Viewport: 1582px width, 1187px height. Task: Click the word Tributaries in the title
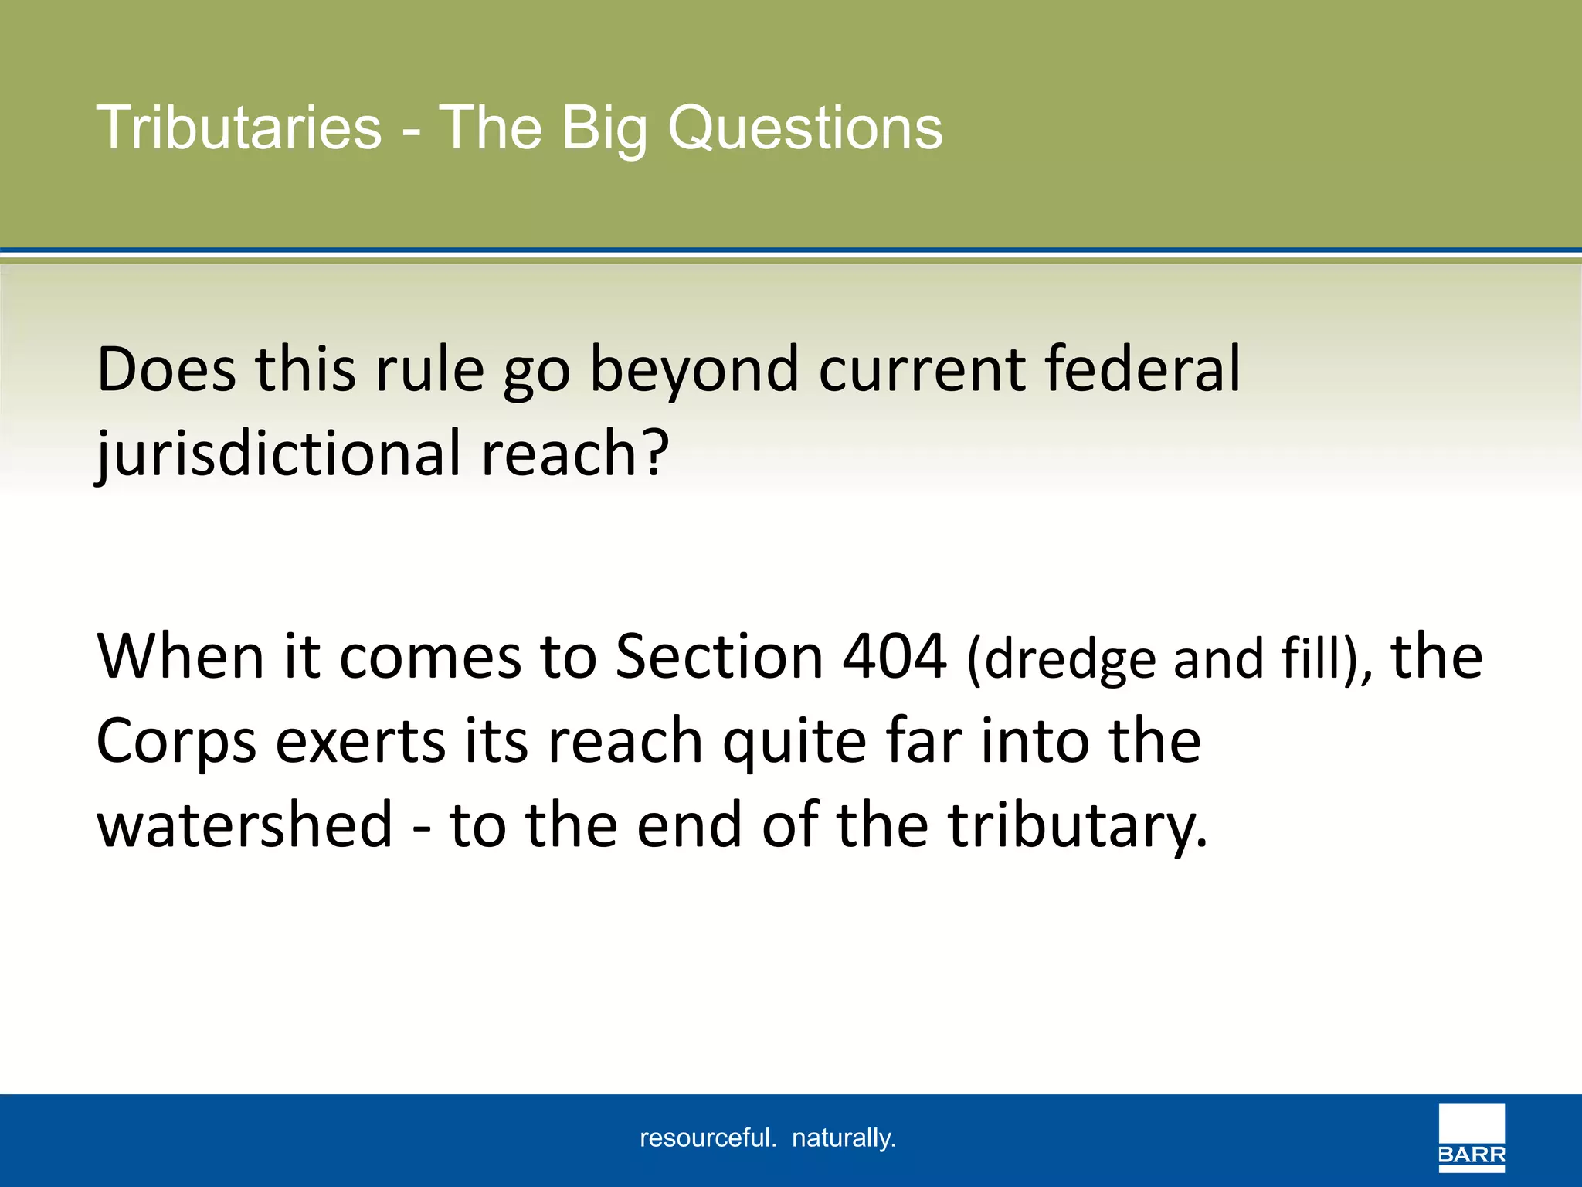[239, 128]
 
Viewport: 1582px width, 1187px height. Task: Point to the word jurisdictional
[278, 454]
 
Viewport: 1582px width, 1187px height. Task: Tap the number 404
[894, 657]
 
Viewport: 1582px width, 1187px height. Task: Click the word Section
[719, 657]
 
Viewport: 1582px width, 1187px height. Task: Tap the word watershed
[245, 825]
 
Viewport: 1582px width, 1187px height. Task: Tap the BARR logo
[1471, 1137]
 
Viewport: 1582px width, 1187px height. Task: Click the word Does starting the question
[166, 369]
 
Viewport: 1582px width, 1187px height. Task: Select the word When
[180, 657]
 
